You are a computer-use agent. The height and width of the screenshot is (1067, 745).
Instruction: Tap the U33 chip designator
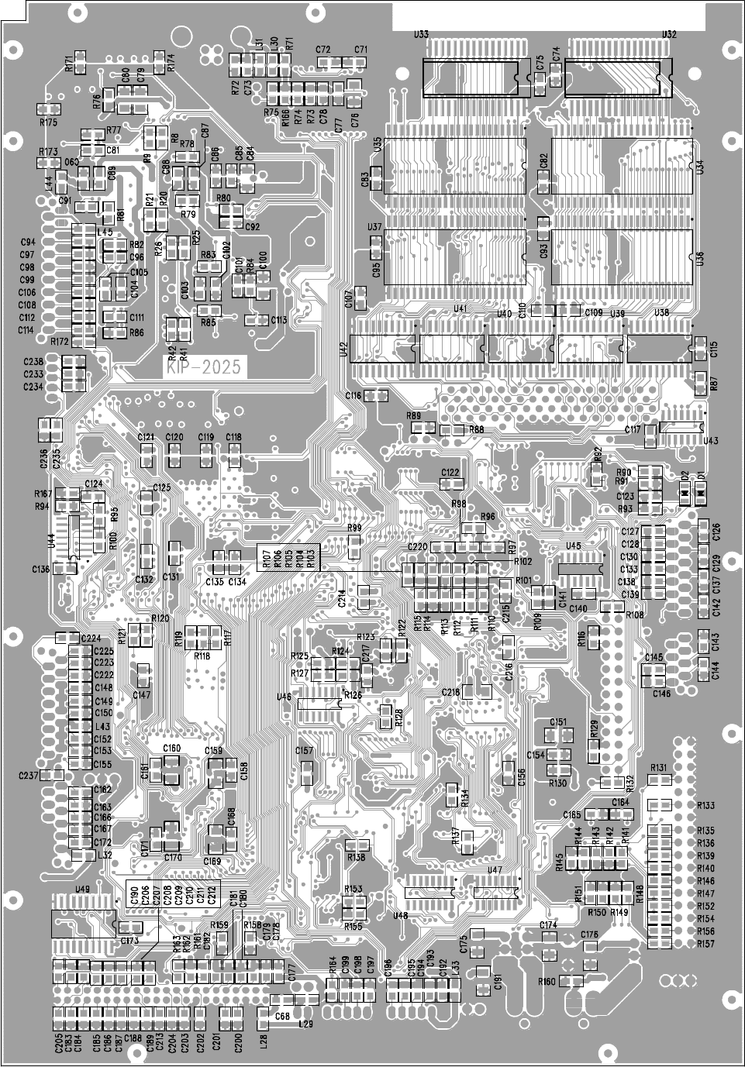click(x=422, y=35)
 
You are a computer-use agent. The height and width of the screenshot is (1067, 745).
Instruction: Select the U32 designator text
click(x=670, y=35)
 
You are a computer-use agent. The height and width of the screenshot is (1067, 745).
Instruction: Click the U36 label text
click(x=700, y=259)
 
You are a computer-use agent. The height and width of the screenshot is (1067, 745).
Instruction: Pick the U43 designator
click(x=710, y=441)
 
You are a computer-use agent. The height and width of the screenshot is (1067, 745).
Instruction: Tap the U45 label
click(x=574, y=546)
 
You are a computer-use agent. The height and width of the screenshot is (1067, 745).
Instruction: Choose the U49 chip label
click(x=81, y=889)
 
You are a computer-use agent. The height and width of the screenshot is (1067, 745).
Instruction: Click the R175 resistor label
click(x=48, y=122)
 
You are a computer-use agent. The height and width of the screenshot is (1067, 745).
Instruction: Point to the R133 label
click(x=705, y=805)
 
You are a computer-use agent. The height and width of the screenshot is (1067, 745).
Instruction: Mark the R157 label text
click(x=705, y=943)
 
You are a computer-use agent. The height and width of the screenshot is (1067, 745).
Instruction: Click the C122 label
click(x=450, y=472)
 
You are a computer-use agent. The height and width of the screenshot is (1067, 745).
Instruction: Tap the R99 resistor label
click(x=355, y=528)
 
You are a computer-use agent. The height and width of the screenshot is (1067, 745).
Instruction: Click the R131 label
click(x=659, y=767)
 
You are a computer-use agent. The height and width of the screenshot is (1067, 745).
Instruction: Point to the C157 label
click(x=305, y=750)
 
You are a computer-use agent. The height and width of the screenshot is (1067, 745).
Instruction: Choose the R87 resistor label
click(x=713, y=382)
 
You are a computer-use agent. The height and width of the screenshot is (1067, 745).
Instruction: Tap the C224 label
click(x=91, y=638)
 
